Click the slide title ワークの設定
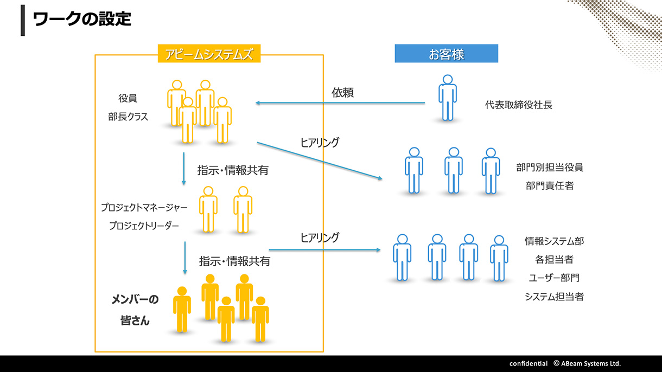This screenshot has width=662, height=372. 82,20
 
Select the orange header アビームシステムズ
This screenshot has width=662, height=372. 209,54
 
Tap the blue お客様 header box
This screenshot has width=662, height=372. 446,54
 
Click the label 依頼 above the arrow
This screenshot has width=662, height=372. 343,93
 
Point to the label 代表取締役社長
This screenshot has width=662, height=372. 519,105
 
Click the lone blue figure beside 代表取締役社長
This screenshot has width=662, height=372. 447,98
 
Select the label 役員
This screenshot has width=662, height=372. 128,99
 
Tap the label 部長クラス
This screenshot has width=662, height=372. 128,117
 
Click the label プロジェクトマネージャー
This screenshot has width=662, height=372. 144,208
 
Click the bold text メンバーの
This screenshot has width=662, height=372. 135,300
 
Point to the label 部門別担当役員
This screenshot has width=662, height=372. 550,168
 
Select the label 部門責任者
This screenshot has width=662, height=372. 550,186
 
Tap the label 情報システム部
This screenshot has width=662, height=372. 554,241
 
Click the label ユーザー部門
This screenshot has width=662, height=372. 554,278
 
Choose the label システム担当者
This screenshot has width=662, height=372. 554,297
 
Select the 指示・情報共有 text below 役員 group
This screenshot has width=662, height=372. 233,170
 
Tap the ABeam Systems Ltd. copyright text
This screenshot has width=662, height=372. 587,363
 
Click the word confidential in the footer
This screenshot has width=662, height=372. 528,363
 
